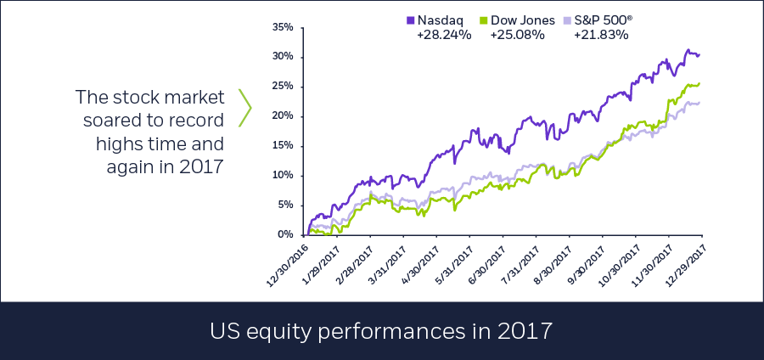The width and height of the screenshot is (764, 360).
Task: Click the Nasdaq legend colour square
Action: [x=410, y=20]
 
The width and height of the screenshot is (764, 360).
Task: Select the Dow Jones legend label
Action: [x=523, y=20]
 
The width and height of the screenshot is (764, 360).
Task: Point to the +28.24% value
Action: [x=444, y=35]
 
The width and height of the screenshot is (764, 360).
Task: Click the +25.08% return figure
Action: [x=517, y=35]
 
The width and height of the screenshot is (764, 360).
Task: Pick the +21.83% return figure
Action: [x=601, y=35]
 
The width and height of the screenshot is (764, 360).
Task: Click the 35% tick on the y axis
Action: [x=283, y=27]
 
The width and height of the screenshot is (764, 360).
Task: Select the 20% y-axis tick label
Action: [x=283, y=116]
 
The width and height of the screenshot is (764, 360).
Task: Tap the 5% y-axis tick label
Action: [x=286, y=205]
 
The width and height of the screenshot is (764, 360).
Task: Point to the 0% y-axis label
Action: [x=286, y=235]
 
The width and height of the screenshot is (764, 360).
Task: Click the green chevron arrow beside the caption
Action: [x=245, y=108]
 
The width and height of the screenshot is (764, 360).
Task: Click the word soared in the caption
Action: [x=114, y=121]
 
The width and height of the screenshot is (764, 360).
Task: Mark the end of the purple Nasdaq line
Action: [x=699, y=54]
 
